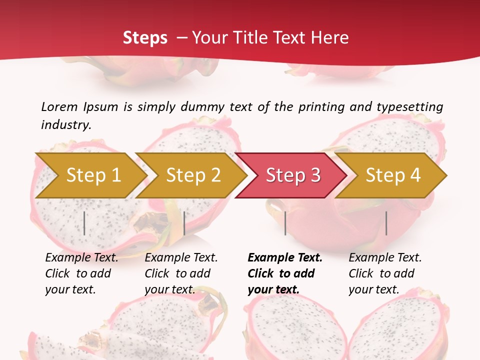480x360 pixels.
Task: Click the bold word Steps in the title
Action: click(145, 37)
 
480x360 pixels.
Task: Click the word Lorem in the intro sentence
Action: click(59, 106)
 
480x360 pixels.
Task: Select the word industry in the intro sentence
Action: click(66, 125)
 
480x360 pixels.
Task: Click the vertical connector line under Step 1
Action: click(84, 223)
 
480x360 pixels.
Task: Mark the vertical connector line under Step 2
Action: click(184, 223)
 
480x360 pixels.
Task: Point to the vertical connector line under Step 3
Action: click(285, 223)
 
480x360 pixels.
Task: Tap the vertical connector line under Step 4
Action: click(386, 223)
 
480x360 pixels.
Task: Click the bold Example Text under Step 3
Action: click(285, 258)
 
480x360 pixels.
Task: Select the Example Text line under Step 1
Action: click(81, 258)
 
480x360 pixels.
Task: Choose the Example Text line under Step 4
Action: click(385, 258)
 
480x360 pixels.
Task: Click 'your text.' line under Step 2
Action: click(169, 289)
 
